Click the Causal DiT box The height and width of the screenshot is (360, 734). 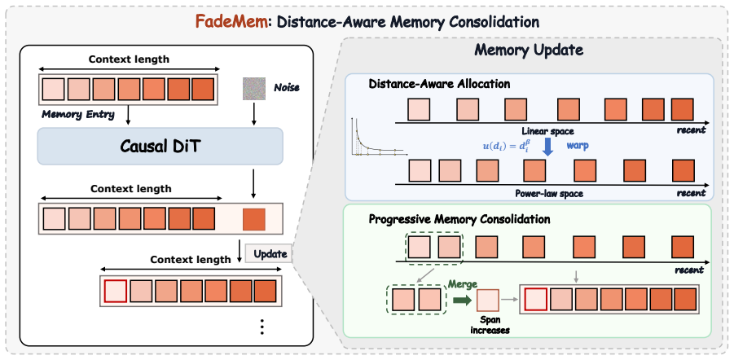tap(160, 146)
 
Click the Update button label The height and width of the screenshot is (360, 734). tap(270, 254)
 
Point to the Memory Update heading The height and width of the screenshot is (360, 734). tap(529, 50)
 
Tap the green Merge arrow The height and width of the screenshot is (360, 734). tap(461, 300)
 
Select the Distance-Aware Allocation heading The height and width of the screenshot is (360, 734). tap(439, 84)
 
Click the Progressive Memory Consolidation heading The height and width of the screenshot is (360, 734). tap(459, 218)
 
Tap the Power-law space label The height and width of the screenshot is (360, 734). tap(548, 192)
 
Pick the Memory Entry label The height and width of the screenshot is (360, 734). tap(78, 114)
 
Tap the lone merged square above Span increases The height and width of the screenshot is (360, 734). tap(488, 300)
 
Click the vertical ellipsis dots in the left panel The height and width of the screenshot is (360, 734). tap(262, 326)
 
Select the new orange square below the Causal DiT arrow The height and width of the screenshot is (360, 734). tap(254, 220)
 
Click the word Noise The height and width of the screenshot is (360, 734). tap(285, 87)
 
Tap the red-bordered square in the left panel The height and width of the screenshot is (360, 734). tap(115, 292)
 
